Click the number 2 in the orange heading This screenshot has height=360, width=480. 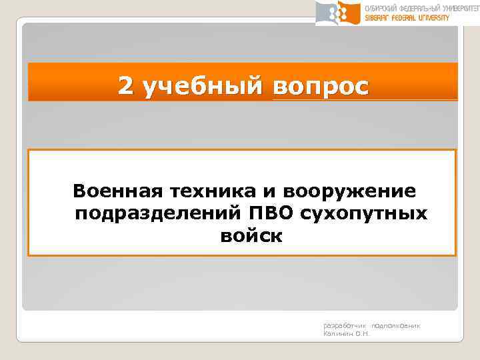(x=125, y=85)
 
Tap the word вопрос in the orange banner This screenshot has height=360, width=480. (x=319, y=86)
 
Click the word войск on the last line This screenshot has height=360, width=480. (x=250, y=235)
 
